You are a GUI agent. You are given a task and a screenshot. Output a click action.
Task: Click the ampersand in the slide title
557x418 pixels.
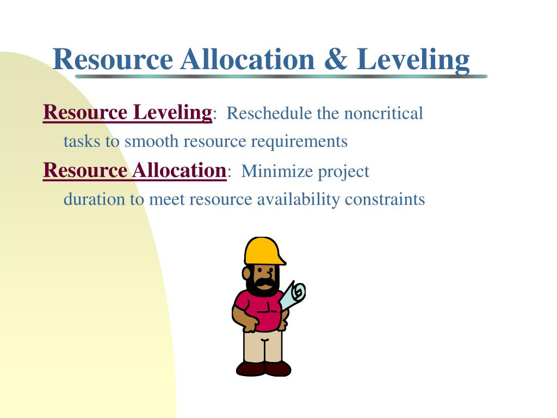(335, 59)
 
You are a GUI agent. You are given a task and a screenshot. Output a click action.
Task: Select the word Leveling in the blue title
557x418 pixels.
(413, 61)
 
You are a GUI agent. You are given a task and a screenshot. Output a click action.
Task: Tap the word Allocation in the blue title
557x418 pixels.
(247, 59)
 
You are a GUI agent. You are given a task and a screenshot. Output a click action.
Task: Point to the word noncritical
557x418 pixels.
(383, 113)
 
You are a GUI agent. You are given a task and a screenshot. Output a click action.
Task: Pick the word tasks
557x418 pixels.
(82, 142)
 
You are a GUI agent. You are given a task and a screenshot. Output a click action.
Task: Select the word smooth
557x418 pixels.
(151, 141)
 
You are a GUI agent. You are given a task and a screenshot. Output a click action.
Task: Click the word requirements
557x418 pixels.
(299, 142)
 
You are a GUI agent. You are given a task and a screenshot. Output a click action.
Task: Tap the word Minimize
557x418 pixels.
(277, 171)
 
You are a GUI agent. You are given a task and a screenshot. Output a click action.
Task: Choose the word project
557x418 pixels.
(344, 173)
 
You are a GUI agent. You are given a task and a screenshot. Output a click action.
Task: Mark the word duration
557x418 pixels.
(94, 199)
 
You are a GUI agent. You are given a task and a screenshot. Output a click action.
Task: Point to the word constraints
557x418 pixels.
(385, 199)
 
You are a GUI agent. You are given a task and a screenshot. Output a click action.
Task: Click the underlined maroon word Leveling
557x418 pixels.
(172, 114)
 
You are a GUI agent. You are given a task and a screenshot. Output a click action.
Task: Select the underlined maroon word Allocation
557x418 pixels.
(180, 170)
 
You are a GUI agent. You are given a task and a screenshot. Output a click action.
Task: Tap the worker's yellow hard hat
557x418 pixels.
(264, 251)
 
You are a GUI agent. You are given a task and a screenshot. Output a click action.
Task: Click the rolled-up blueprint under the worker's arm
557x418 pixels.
(293, 295)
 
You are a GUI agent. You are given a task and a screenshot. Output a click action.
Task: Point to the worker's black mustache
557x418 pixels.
(265, 283)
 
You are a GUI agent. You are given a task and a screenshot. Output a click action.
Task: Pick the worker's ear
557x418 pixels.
(246, 273)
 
